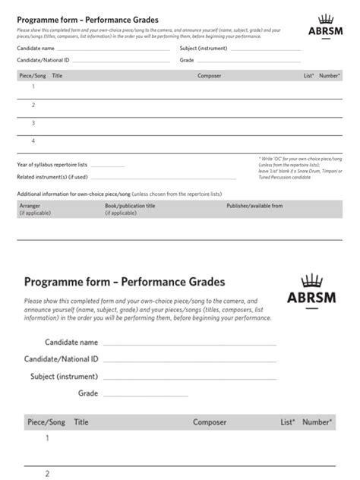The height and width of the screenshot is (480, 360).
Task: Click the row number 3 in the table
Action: (x=33, y=123)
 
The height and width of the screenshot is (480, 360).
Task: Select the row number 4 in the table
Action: (x=33, y=141)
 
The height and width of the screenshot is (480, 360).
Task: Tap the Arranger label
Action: (x=30, y=206)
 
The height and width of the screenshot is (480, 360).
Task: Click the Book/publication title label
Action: (x=130, y=206)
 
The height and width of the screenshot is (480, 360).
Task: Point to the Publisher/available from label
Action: (x=254, y=206)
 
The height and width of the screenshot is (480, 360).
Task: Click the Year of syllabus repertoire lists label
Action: (x=52, y=164)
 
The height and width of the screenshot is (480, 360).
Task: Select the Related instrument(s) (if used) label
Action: (x=52, y=177)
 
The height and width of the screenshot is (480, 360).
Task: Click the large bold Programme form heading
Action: (x=125, y=282)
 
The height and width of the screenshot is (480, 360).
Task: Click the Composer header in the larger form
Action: (x=210, y=422)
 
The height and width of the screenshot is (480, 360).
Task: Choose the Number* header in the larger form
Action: (x=317, y=422)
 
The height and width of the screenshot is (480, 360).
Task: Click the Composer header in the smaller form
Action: (x=209, y=76)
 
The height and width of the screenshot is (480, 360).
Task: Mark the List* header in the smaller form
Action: (x=308, y=76)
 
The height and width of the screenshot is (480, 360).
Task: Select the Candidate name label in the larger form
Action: (x=71, y=343)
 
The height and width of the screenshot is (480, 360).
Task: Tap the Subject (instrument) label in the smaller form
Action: (x=204, y=48)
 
